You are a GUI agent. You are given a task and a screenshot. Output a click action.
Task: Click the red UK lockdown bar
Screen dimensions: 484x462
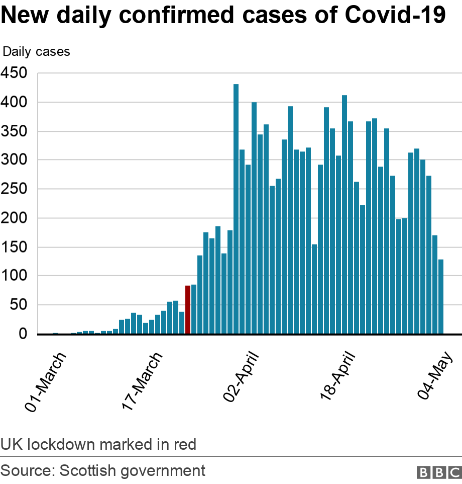(188, 309)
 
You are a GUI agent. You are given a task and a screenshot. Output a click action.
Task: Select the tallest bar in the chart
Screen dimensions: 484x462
(236, 209)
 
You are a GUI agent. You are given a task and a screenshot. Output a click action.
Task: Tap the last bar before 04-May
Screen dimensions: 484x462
(441, 296)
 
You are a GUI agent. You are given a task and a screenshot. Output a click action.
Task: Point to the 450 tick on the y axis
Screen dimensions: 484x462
(16, 73)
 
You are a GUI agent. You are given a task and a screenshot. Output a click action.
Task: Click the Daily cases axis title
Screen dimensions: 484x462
(36, 51)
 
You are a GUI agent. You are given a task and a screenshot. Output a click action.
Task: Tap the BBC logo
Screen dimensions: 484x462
(438, 472)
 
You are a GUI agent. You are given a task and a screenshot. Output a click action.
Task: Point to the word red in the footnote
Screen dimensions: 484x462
(183, 445)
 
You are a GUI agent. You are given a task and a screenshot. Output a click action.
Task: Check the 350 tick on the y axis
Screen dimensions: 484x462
(16, 131)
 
